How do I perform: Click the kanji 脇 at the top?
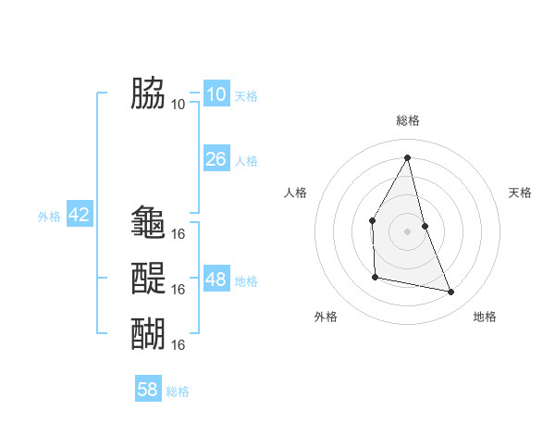pos(148,93)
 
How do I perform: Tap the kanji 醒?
pos(148,278)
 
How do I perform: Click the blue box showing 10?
pos(216,94)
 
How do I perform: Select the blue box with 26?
pos(216,159)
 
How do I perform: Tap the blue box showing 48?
pos(216,280)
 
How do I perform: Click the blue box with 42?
pos(79,215)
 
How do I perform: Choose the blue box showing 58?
pos(148,390)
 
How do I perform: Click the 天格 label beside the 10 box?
pos(246,96)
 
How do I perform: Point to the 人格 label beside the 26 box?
pos(246,161)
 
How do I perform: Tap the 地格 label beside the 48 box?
pos(246,281)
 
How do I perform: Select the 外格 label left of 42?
pos(49,217)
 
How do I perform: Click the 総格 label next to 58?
pos(178,391)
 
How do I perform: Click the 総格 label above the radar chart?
pos(407,120)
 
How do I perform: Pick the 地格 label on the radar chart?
pos(485,317)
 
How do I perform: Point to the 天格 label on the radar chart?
pos(520,193)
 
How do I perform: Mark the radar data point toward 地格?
pos(451,292)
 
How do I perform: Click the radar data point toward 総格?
pos(407,157)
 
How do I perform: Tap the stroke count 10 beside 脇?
pos(178,104)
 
